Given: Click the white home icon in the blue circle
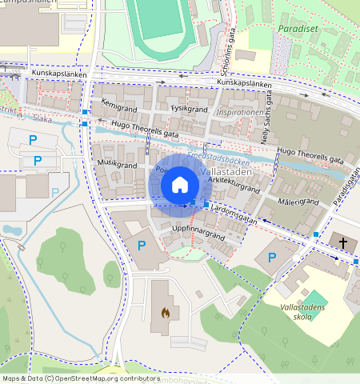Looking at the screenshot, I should pos(180,185).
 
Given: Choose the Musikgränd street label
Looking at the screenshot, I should pos(117,165).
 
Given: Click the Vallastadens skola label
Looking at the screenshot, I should pos(302,312).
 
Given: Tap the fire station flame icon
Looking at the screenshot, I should pos(165,313).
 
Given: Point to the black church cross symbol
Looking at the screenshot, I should pos(344,242).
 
